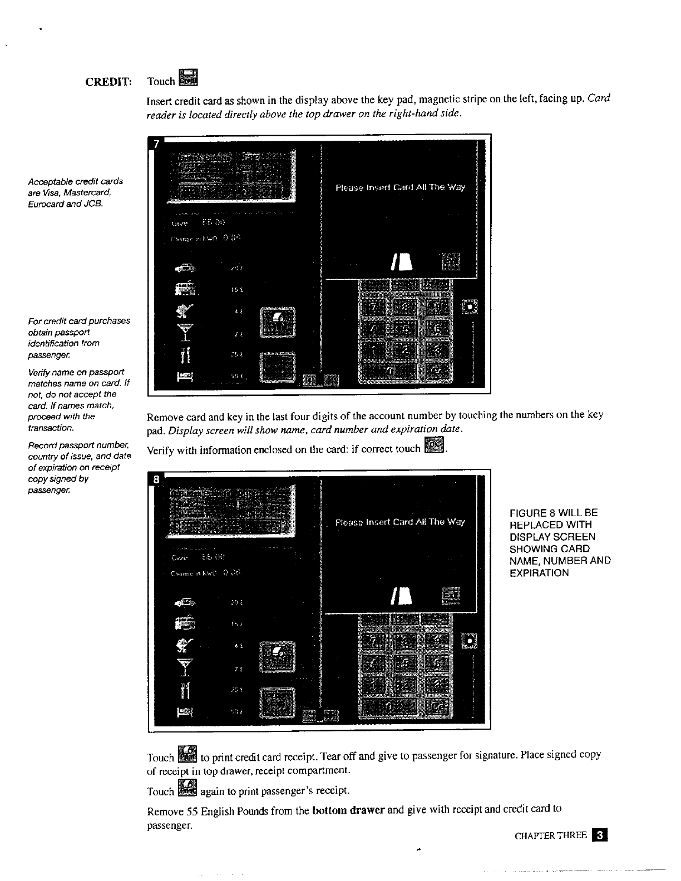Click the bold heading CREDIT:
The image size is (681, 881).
[x=108, y=82]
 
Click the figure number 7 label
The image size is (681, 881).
[x=157, y=144]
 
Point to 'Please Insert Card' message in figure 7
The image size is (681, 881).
[x=400, y=187]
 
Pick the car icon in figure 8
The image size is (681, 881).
[x=185, y=602]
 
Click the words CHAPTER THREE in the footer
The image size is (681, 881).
[x=551, y=835]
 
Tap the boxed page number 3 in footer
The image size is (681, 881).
[x=600, y=835]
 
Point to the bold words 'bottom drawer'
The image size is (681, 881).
[x=349, y=810]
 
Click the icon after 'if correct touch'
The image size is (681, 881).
[x=434, y=446]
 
